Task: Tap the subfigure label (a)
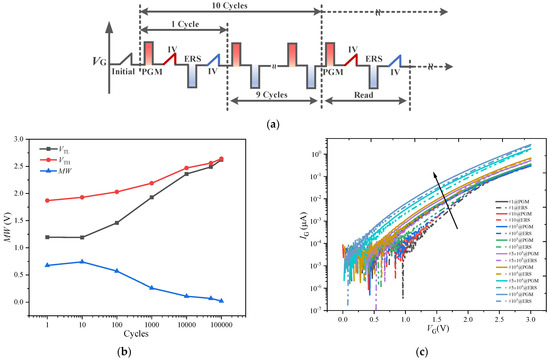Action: coord(274,123)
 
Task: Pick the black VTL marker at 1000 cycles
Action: coord(152,197)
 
